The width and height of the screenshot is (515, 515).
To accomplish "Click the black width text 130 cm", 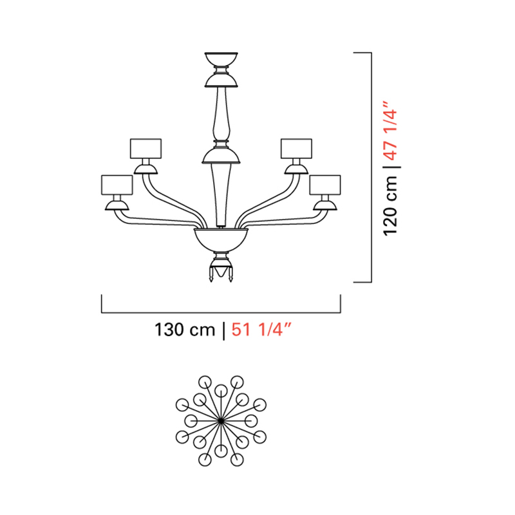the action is (x=185, y=330).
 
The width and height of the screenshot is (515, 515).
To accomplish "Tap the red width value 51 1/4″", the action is (x=261, y=330).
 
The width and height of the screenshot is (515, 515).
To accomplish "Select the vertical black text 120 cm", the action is (x=391, y=205).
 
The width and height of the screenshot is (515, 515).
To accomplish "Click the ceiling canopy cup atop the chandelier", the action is (x=221, y=59).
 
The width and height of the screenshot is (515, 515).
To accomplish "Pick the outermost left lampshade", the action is (x=117, y=185).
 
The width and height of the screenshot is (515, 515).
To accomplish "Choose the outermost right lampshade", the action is (x=325, y=185).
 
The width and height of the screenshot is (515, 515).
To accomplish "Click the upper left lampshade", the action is (x=145, y=149).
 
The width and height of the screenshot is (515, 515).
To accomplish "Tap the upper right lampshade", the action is (x=296, y=149).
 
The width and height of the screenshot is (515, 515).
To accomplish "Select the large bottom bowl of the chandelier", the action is (x=221, y=239).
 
